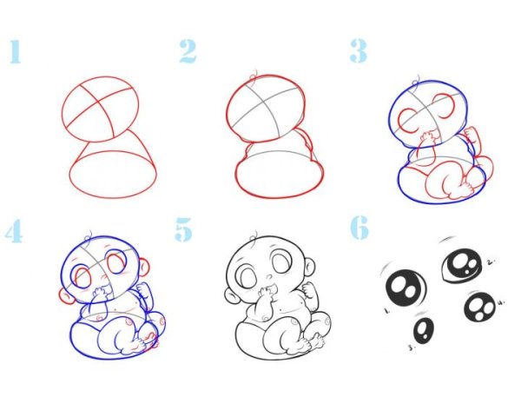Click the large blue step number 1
point(16,51)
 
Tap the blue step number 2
point(188,51)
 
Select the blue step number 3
point(359,51)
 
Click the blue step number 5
point(184,229)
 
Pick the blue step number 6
point(359,228)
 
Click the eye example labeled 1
point(406,288)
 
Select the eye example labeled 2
point(462,266)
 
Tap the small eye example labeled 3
point(424,331)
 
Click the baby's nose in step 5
point(269,276)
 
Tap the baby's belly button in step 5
point(281,311)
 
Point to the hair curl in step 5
point(254,237)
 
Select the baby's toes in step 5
point(316,341)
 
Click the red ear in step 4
point(67,296)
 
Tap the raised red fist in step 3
point(472,135)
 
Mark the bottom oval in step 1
point(113,175)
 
